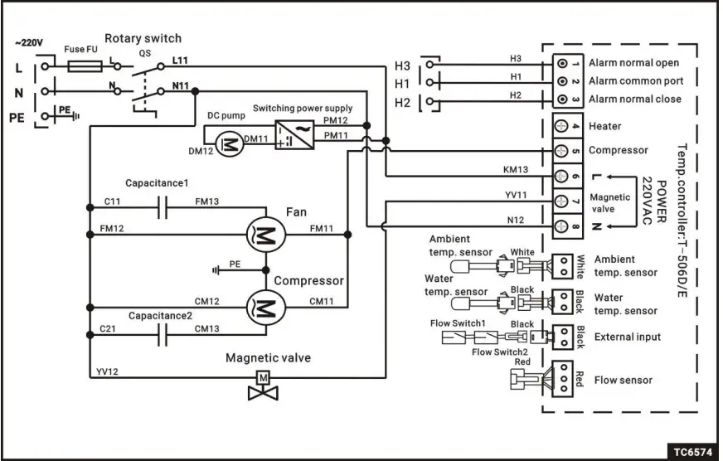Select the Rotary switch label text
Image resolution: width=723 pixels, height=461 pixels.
pyautogui.click(x=143, y=38)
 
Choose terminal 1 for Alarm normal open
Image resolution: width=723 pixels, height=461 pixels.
pyautogui.click(x=565, y=63)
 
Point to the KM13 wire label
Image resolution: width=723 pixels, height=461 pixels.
pyautogui.click(x=515, y=169)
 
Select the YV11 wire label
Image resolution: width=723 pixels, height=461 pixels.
pyautogui.click(x=515, y=195)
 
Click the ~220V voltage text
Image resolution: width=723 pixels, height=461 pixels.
pyautogui.click(x=29, y=41)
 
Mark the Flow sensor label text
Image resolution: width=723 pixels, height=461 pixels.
pyautogui.click(x=623, y=381)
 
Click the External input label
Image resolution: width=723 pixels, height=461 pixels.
pyautogui.click(x=628, y=337)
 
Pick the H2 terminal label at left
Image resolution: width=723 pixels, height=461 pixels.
pyautogui.click(x=402, y=103)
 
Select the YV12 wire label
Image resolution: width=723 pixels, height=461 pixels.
pyautogui.click(x=109, y=372)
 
